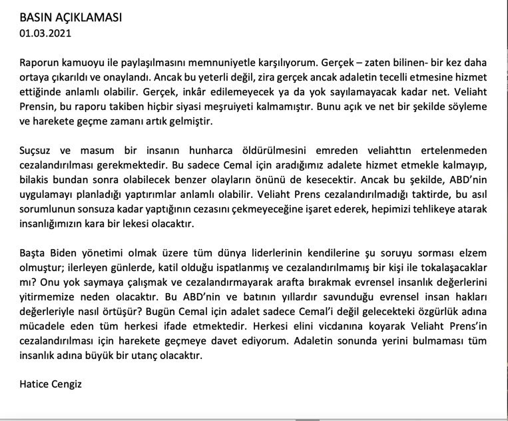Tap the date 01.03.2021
pyautogui.click(x=45, y=31)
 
